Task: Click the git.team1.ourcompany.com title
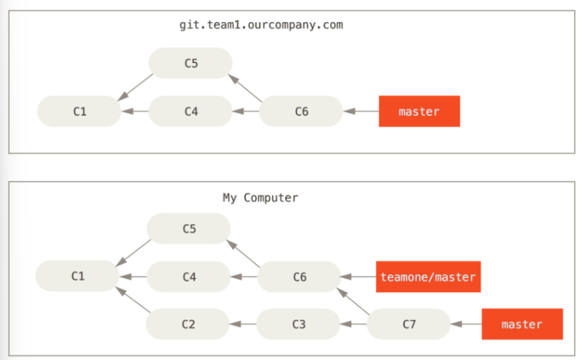(261, 25)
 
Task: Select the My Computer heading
(260, 198)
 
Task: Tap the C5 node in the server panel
(191, 63)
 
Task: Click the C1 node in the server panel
(80, 111)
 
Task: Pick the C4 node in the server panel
(191, 111)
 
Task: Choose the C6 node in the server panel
(301, 111)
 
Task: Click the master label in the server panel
(419, 111)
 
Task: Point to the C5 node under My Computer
(188, 228)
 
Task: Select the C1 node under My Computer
(77, 276)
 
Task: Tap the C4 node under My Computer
(188, 276)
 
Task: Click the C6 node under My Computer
(299, 276)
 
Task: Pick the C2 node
(188, 324)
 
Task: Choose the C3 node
(298, 324)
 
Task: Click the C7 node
(409, 324)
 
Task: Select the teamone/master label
(429, 276)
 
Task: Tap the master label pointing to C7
(522, 324)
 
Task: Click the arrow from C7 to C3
(353, 324)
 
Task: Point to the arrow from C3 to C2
(243, 324)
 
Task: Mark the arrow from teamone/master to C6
(358, 276)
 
